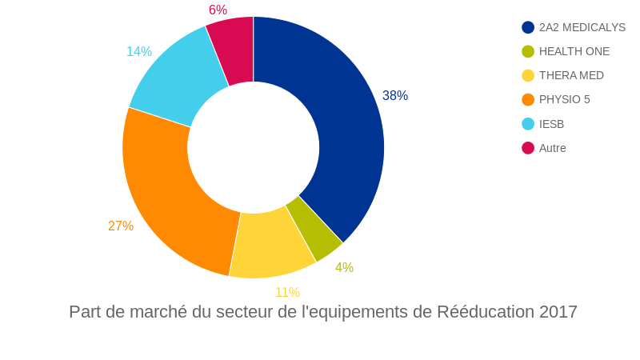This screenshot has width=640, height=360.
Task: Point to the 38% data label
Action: point(395,96)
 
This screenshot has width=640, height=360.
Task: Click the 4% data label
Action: point(344,268)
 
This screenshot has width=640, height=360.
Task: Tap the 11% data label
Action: point(287,293)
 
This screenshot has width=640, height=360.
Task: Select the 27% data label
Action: point(121,226)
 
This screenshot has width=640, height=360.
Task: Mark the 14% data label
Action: point(139,52)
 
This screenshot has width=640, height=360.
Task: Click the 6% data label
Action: point(218,10)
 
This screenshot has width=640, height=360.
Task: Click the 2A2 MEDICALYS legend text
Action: point(582,27)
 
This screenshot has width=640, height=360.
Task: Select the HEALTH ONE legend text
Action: point(574,51)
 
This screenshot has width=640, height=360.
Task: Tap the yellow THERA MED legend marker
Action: point(528,75)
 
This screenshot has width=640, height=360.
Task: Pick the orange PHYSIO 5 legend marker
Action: point(528,99)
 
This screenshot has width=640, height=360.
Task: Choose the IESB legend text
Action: point(551,124)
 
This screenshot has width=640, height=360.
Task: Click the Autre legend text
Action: point(552,148)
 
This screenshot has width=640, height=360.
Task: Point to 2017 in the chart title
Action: point(558,312)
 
